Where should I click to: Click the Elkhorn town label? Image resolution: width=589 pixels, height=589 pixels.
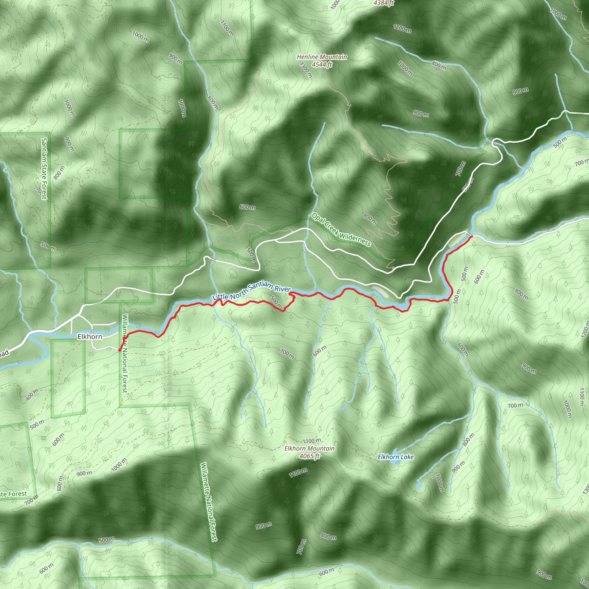pyautogui.click(x=90, y=336)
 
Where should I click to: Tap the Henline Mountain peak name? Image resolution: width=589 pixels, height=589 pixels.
pyautogui.click(x=322, y=57)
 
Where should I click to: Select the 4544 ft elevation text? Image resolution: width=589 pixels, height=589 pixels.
pyautogui.click(x=322, y=64)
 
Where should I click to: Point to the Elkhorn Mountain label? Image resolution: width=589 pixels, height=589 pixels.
pyautogui.click(x=309, y=448)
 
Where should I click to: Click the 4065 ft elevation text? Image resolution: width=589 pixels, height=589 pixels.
pyautogui.click(x=309, y=456)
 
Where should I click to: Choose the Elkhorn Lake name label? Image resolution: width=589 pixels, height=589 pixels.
pyautogui.click(x=395, y=457)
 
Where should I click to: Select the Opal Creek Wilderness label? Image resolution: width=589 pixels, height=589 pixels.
pyautogui.click(x=341, y=230)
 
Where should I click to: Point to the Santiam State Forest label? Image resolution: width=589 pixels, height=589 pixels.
pyautogui.click(x=45, y=169)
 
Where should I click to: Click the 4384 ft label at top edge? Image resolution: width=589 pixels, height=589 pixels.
pyautogui.click(x=384, y=3)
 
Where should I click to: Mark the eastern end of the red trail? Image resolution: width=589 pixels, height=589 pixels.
pyautogui.click(x=472, y=236)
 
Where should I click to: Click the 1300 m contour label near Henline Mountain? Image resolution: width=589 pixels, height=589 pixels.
pyautogui.click(x=306, y=70)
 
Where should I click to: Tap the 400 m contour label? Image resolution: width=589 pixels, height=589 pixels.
pyautogui.click(x=32, y=395)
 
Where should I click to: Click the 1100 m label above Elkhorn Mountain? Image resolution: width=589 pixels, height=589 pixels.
pyautogui.click(x=311, y=441)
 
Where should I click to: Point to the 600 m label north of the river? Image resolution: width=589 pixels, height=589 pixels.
pyautogui.click(x=247, y=207)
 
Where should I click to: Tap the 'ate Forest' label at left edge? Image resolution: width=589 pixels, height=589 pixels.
pyautogui.click(x=14, y=494)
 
